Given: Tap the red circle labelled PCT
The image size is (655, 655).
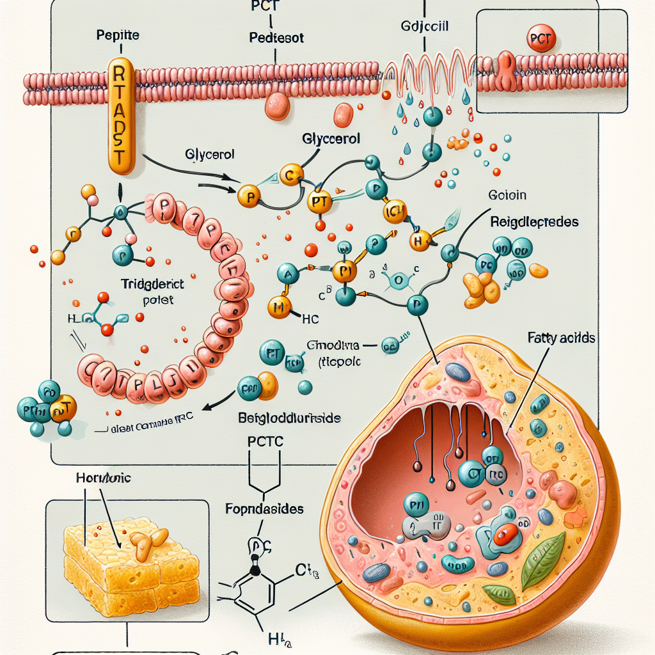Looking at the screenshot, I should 541,40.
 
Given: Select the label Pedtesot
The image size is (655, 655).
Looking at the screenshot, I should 276,38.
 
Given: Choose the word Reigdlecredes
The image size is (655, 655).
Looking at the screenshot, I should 534,222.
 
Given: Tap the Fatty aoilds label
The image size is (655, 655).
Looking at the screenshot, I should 561,338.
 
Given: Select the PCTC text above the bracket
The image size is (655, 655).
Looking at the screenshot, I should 264,441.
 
